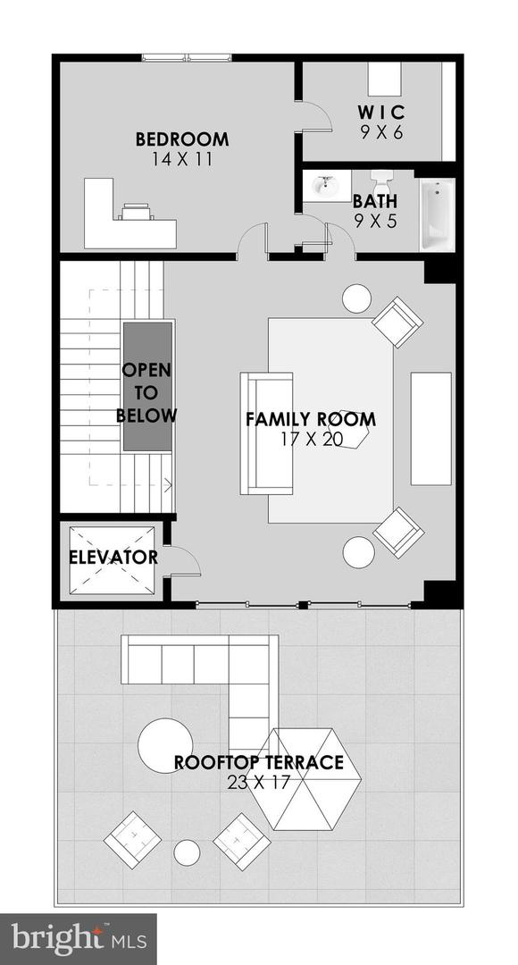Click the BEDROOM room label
click(x=182, y=139)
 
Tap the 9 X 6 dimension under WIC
click(x=381, y=132)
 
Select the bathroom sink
click(x=327, y=186)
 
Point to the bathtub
click(x=438, y=214)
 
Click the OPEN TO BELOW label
click(x=146, y=392)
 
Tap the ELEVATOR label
click(x=113, y=558)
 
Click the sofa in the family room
click(x=266, y=433)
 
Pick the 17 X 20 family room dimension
click(x=311, y=440)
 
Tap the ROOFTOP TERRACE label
click(x=258, y=762)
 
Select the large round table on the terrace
click(x=165, y=746)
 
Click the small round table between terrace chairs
click(x=187, y=852)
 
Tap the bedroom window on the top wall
click(x=187, y=58)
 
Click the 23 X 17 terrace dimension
click(x=258, y=782)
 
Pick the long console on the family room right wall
click(x=430, y=428)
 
